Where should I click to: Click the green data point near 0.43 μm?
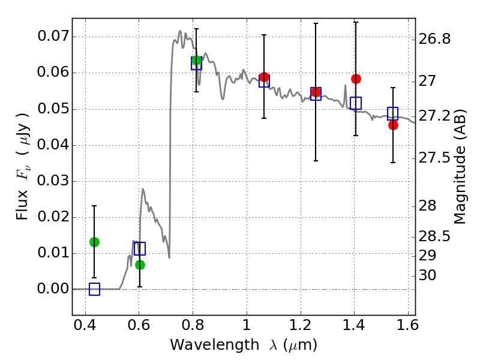94,242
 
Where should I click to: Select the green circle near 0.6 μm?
140,265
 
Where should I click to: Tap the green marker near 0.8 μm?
196,60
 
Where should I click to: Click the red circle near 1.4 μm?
356,79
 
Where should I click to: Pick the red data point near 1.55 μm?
393,125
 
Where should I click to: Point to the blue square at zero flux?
94,289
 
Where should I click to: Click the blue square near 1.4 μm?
356,103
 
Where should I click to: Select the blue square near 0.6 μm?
140,248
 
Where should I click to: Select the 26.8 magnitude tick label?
435,40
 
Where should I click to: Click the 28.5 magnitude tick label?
435,237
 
